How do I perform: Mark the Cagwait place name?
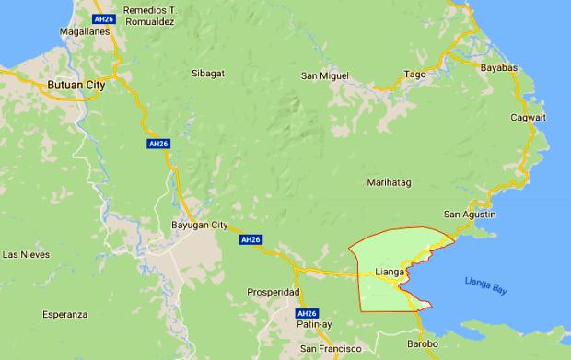click(x=529, y=118)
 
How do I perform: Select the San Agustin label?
click(x=471, y=214)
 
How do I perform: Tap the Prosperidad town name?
click(x=274, y=292)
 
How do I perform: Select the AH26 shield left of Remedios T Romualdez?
click(x=104, y=18)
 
